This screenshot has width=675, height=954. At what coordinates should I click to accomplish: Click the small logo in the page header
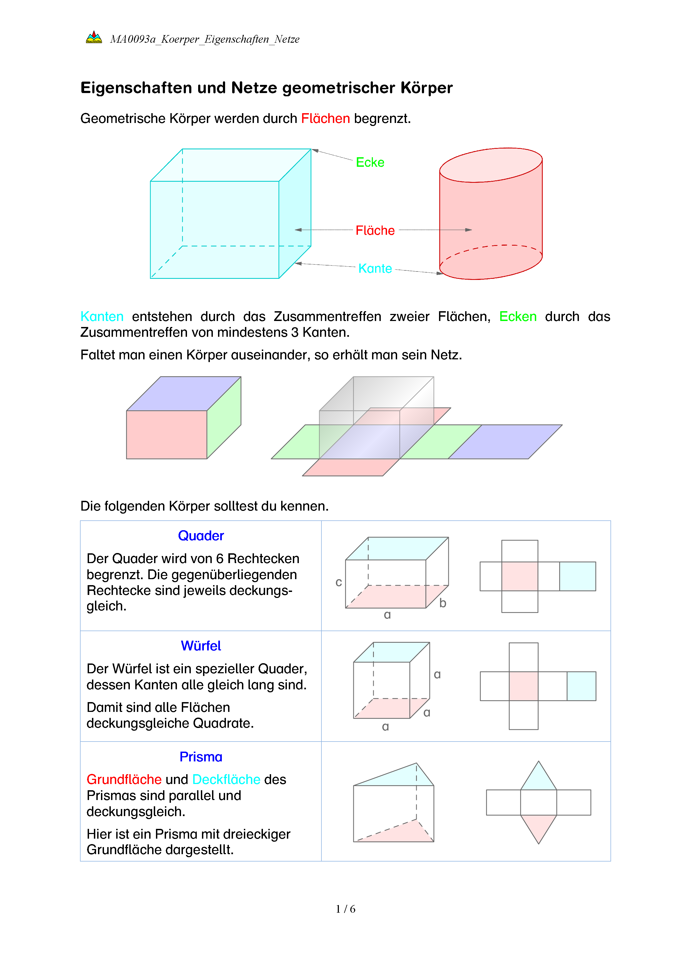tap(94, 37)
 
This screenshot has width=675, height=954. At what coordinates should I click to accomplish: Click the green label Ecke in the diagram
tap(370, 162)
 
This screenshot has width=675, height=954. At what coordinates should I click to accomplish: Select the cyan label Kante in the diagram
tap(375, 268)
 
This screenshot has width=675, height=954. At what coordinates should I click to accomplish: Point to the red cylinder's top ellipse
tap(491, 165)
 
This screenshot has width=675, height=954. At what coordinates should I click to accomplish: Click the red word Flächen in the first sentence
tap(326, 119)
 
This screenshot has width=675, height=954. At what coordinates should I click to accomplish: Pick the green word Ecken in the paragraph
tap(517, 317)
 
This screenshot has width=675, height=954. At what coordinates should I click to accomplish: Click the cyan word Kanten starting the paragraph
tap(102, 317)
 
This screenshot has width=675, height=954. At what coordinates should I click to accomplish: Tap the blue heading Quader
tap(201, 536)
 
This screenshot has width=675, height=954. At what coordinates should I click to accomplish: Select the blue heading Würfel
tap(201, 646)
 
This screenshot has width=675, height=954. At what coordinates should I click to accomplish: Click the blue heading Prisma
tap(201, 757)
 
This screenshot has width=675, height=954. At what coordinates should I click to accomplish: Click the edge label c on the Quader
tap(339, 582)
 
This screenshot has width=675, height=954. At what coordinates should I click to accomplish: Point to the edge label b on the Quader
tap(443, 603)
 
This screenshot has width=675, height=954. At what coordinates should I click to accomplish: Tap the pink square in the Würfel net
tap(523, 686)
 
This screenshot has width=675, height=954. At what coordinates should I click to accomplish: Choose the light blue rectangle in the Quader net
tap(577, 576)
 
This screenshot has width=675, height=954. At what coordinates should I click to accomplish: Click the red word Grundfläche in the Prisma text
tap(124, 779)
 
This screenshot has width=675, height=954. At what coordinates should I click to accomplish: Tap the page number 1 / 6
tap(345, 909)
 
